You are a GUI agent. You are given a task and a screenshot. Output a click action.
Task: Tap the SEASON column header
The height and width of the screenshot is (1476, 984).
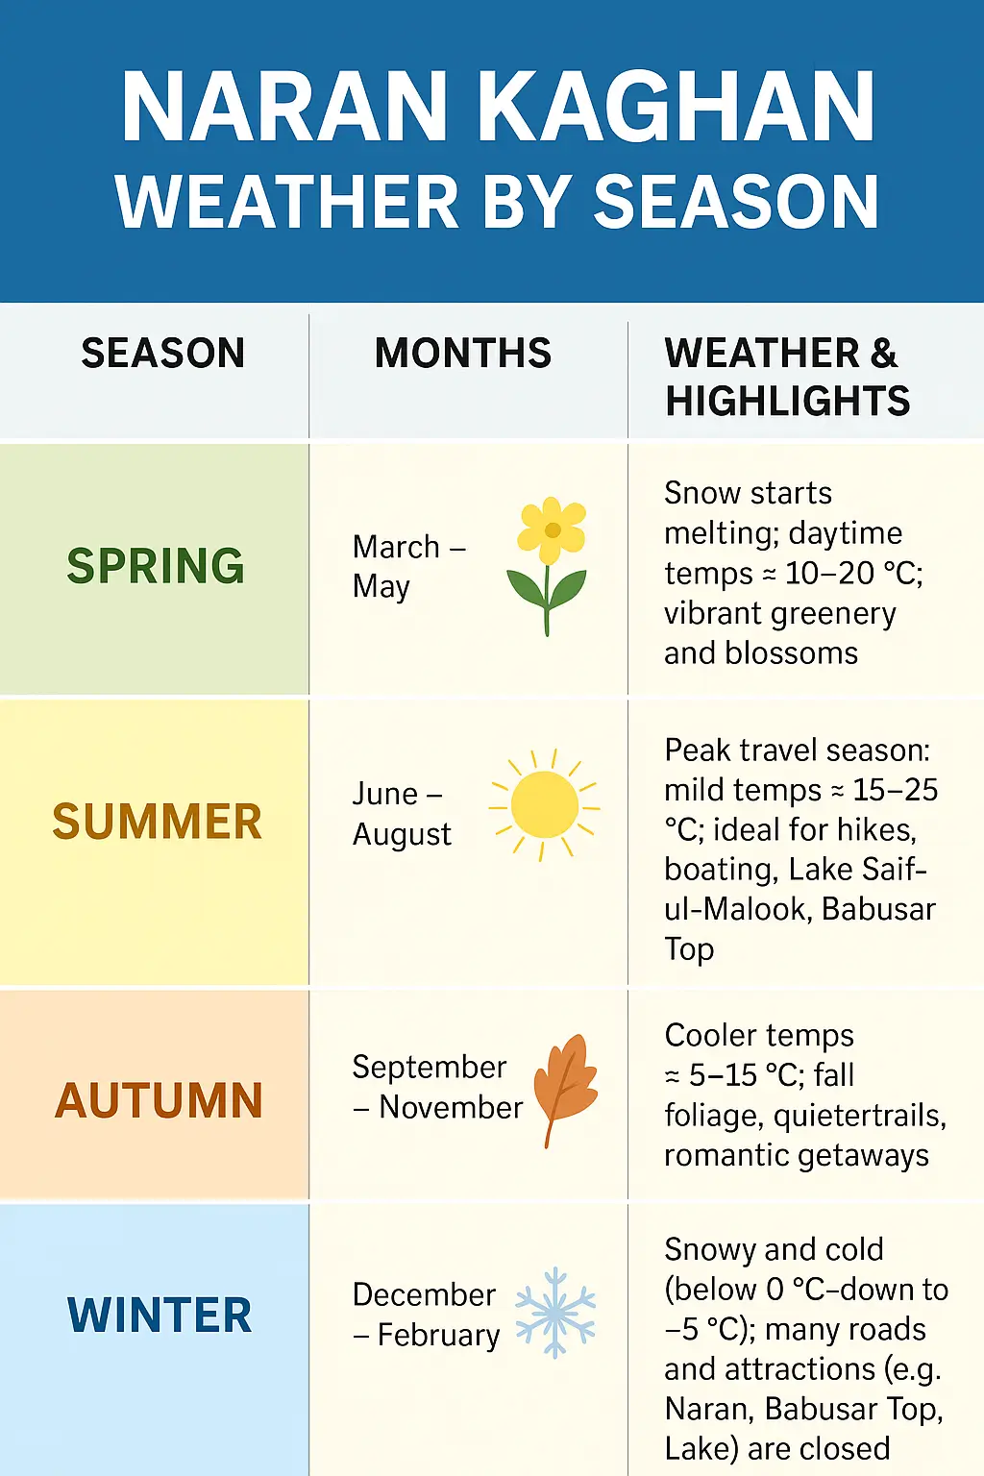point(162,354)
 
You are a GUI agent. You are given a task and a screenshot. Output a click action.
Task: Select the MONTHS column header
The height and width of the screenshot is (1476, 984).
point(463,354)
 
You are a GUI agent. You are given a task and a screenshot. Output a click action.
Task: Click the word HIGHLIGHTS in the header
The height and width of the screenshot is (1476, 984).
point(787,401)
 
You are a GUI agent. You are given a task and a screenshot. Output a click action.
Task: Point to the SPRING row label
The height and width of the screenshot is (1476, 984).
point(156,566)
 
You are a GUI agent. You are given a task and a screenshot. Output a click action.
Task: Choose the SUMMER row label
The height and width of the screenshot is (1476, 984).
point(157,823)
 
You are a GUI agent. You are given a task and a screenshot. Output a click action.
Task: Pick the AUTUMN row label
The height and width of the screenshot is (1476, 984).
point(159,1101)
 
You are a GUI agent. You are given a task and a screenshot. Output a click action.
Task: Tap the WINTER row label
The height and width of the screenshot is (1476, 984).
point(160,1316)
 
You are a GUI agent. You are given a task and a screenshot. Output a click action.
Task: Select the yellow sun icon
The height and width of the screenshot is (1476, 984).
point(544,804)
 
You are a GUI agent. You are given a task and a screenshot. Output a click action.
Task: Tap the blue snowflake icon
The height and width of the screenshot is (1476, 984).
point(555,1312)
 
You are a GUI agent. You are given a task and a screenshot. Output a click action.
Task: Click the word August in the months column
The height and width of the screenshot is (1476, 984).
point(402,835)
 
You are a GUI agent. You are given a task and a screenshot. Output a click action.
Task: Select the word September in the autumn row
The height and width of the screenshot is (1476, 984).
point(429,1068)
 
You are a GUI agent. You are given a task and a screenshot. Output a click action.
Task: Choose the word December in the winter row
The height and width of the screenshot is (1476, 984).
point(424,1295)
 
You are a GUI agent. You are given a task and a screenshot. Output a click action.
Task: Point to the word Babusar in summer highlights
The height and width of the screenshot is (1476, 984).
point(878,909)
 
